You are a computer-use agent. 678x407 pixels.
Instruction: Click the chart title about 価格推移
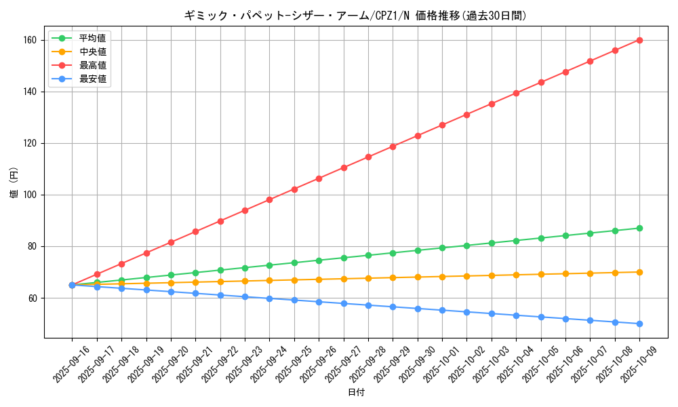[x=355, y=16]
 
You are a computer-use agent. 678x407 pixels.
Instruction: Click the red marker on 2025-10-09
[x=639, y=40]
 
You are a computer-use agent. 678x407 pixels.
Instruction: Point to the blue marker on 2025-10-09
[x=639, y=324]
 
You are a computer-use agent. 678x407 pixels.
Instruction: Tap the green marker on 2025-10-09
[x=639, y=228]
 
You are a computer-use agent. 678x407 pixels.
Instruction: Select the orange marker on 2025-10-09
[x=639, y=272]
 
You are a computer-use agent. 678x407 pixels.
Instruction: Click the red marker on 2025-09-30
[x=418, y=136]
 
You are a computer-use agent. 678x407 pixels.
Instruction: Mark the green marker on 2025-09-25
[x=294, y=263]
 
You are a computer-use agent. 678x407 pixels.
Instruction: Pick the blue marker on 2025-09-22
[x=220, y=295]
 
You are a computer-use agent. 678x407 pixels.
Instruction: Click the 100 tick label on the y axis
[x=33, y=195]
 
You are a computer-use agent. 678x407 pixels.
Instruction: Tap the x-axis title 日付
[x=356, y=393]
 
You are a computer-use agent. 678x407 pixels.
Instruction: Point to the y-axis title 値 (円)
[x=14, y=182]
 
